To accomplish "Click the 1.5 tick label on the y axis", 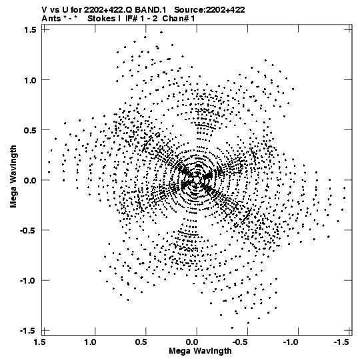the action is coord(30,30).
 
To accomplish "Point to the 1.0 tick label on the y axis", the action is coord(30,80).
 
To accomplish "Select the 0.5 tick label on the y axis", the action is coord(30,130).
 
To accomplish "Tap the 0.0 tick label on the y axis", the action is coord(30,180).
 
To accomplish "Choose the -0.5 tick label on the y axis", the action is coord(28,230).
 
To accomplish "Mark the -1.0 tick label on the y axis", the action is coord(28,281).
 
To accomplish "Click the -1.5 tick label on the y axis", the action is coord(28,331).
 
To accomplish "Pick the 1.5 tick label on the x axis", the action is coord(39,342).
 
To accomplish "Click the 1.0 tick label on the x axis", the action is coord(90,342).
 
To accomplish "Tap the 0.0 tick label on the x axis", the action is coord(192,342).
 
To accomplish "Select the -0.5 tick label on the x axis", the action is coord(241,342).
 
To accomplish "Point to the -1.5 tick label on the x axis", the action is coord(341,342).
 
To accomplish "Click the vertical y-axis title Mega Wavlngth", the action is coord(13,177).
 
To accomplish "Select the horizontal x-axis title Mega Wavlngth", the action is coord(201,351).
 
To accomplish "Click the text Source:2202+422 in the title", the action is coord(209,10).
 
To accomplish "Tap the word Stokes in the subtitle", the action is coord(102,19).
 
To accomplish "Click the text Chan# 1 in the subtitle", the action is coord(179,19).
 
